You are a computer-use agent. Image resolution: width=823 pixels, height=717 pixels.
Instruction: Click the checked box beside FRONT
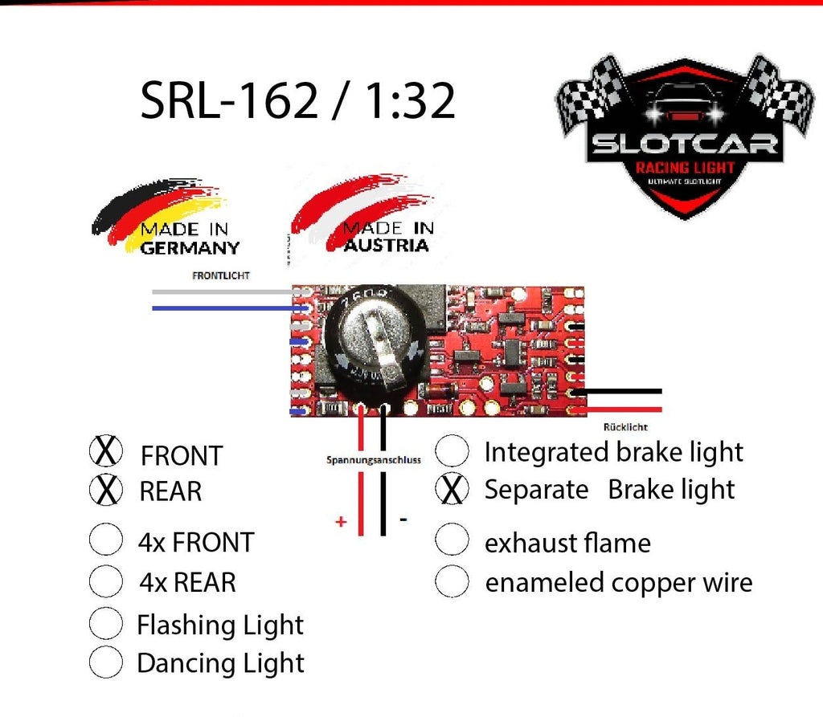(x=105, y=452)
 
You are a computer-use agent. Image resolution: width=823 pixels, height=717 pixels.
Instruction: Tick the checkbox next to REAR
(x=105, y=490)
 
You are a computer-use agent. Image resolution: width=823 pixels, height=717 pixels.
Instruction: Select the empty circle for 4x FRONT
(x=105, y=540)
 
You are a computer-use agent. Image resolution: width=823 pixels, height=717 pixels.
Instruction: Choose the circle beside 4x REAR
(x=105, y=581)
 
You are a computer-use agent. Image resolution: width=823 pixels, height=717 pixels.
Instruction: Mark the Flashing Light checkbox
(x=105, y=623)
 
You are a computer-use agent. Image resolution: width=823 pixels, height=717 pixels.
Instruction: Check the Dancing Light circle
(x=105, y=662)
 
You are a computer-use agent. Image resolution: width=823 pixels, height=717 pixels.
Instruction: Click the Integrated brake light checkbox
(x=452, y=451)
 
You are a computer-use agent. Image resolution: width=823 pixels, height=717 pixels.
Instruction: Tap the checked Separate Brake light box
(x=452, y=489)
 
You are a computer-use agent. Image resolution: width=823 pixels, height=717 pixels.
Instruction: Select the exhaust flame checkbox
(x=452, y=542)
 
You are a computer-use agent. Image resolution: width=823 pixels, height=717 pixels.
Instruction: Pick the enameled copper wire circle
(x=452, y=581)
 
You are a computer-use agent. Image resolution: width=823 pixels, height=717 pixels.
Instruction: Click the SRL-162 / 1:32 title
(x=298, y=102)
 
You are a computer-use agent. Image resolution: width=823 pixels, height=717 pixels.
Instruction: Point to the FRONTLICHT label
(x=221, y=275)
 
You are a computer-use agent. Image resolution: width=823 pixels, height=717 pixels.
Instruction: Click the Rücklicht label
(x=625, y=427)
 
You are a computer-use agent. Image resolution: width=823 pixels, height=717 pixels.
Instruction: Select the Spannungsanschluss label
(x=374, y=461)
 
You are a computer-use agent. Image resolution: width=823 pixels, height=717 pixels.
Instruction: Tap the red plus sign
(x=341, y=522)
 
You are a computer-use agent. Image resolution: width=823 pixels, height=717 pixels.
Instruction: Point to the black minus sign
(x=403, y=519)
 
